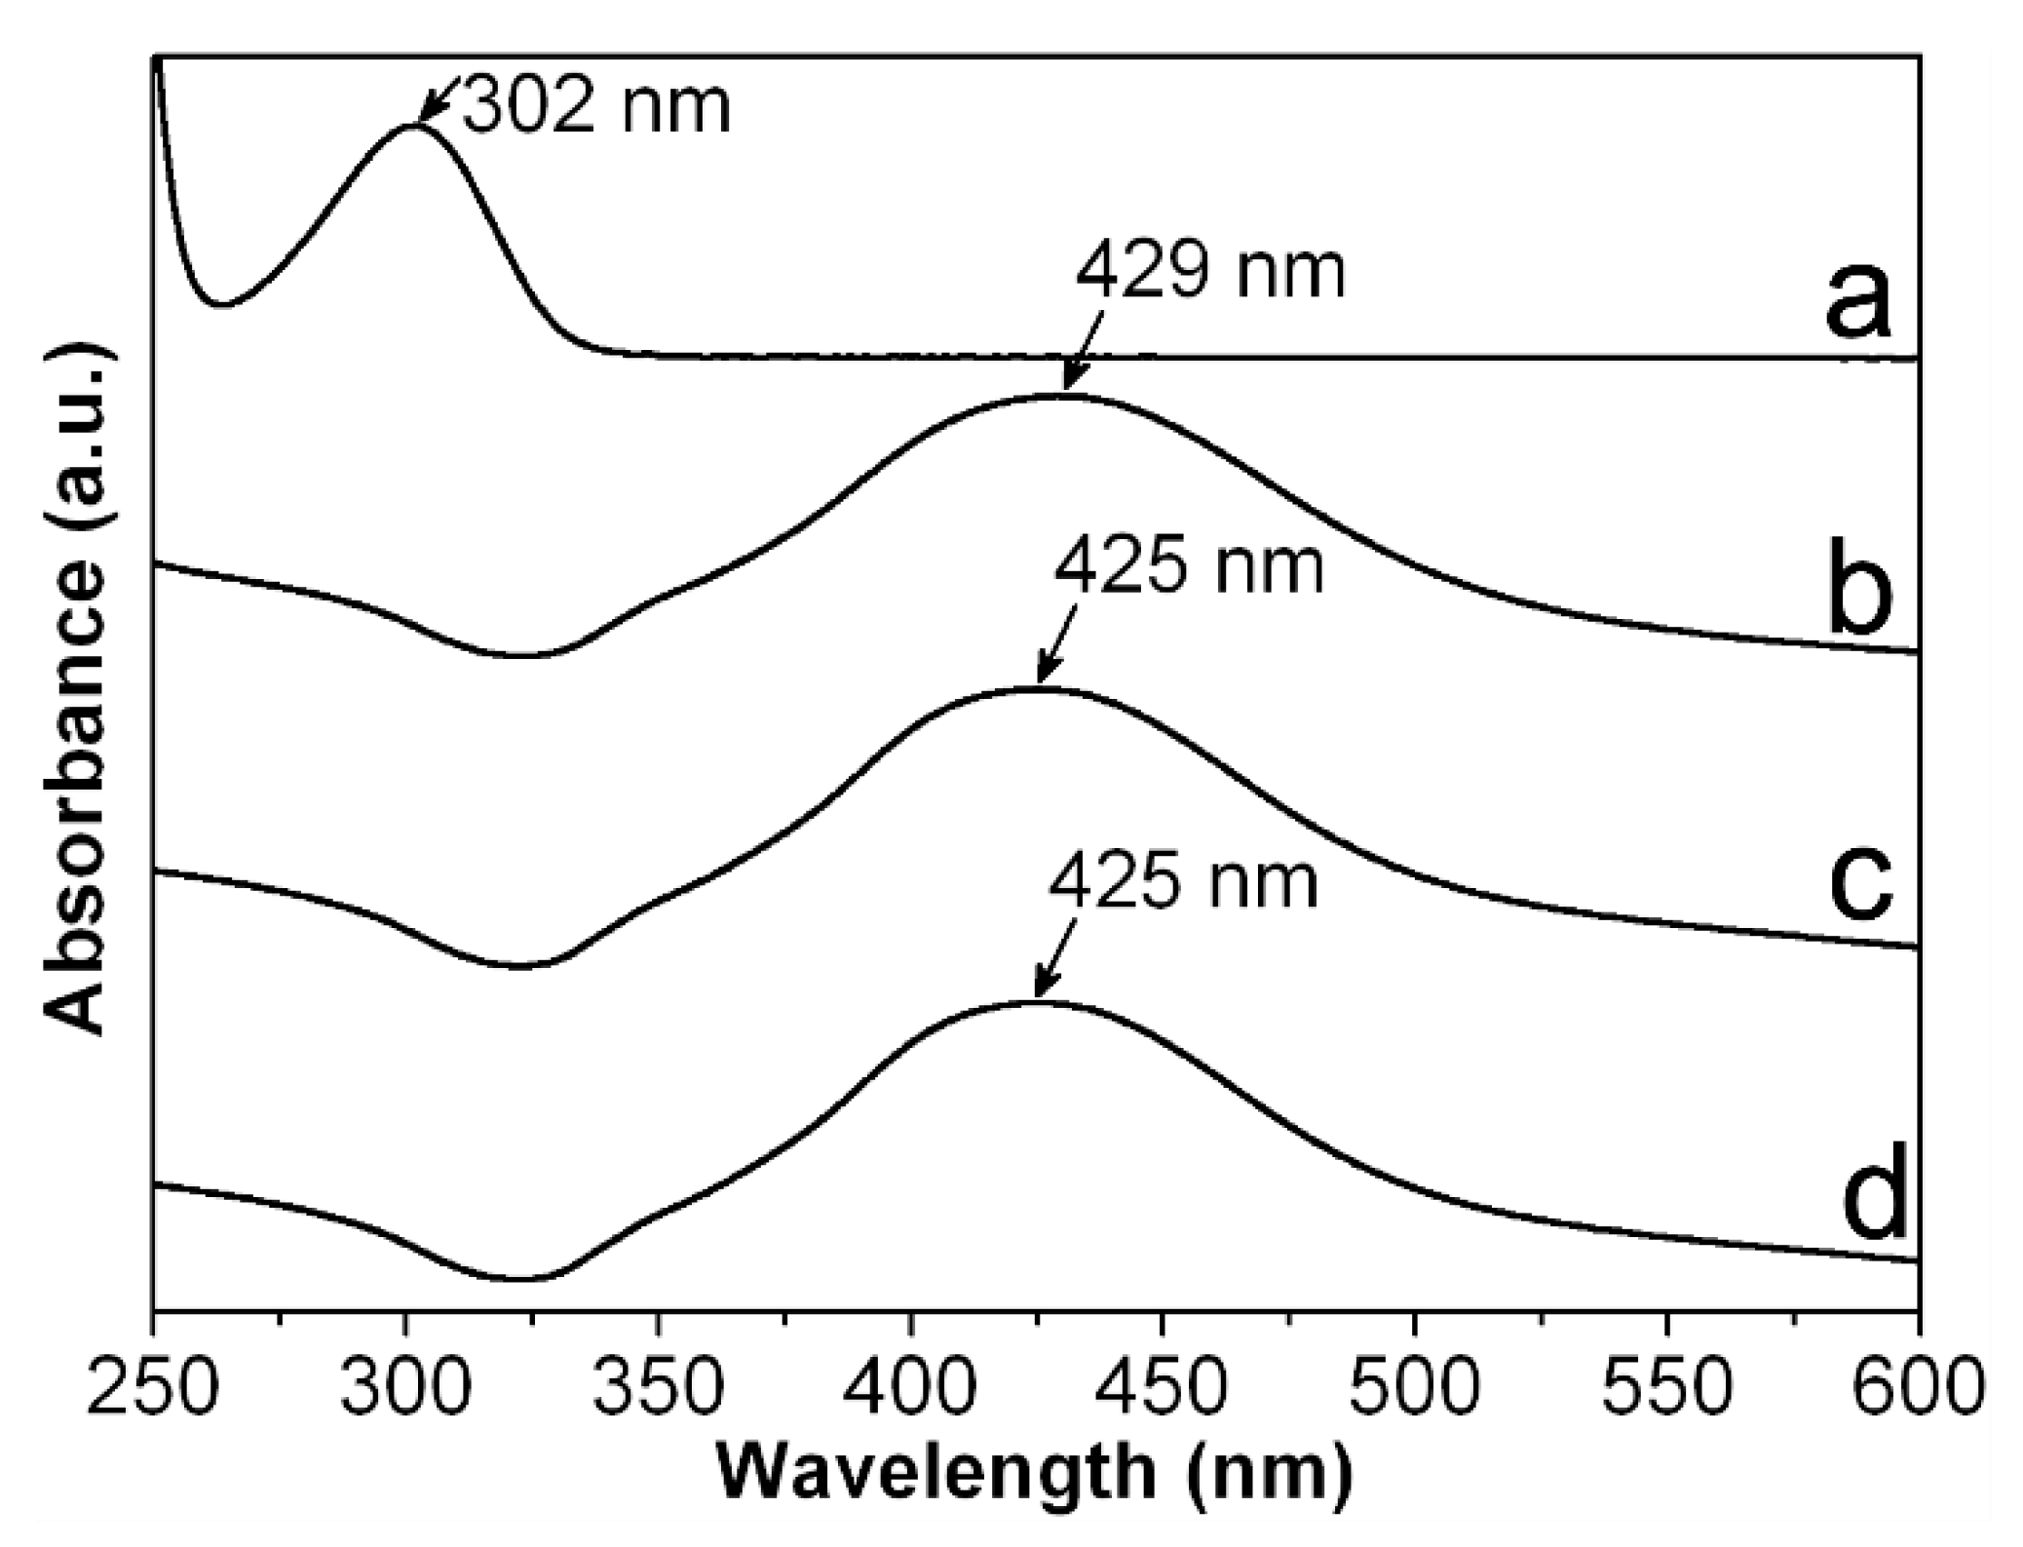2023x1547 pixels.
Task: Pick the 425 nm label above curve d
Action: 1183,882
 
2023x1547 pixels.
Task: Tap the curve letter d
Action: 1873,1199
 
